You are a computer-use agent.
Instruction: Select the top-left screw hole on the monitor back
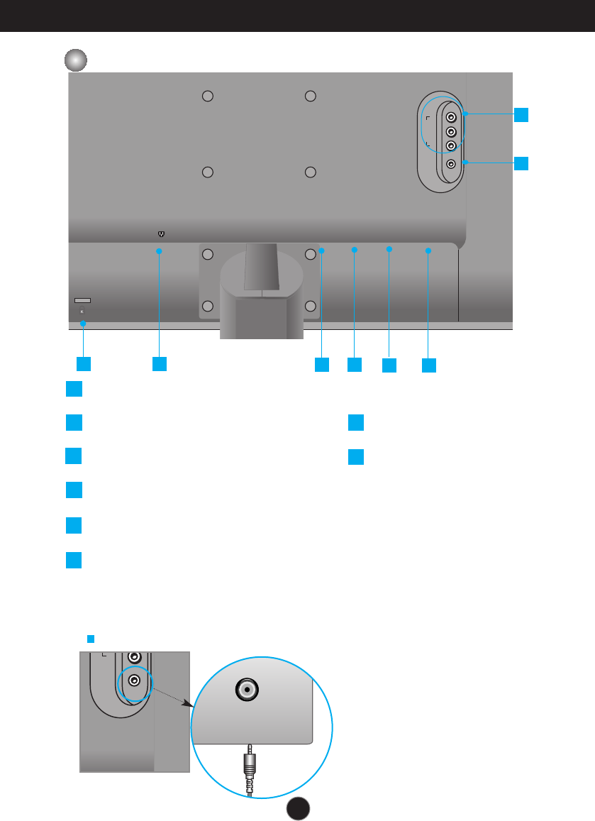coord(208,97)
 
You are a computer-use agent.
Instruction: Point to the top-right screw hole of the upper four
coord(309,97)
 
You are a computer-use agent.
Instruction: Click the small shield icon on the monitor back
coord(160,233)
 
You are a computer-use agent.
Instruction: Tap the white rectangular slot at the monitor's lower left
coord(82,301)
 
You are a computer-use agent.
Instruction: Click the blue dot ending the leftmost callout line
coord(84,324)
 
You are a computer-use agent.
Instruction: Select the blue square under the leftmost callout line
coord(84,363)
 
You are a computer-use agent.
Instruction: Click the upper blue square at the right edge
coord(521,114)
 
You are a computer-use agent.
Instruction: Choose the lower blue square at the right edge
coord(521,163)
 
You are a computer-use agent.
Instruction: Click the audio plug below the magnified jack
coord(250,770)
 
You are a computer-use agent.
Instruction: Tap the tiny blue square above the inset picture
coord(90,639)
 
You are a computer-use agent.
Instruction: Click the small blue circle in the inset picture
coord(134,681)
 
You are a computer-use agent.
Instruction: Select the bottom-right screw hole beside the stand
coord(309,306)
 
